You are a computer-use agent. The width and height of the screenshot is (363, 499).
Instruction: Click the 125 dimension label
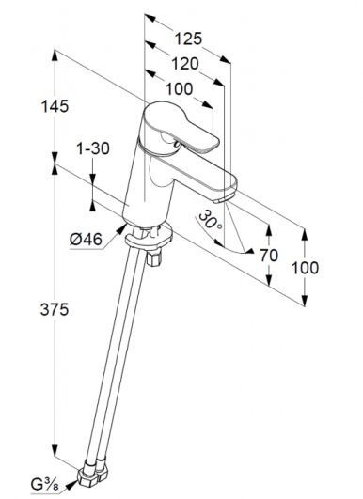coord(188,39)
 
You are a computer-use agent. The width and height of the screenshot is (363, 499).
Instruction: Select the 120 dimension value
coord(185,64)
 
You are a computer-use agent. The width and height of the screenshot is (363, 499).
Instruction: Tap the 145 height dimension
coord(55,106)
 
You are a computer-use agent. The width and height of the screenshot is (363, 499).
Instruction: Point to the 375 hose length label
coord(55,309)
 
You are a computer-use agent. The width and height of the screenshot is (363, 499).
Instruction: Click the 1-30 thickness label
coord(93,148)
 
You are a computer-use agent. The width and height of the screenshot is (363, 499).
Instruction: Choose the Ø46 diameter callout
coord(86,239)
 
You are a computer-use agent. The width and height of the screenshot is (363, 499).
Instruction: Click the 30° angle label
coord(211,220)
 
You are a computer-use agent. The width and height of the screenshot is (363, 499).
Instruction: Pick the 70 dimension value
coord(269,256)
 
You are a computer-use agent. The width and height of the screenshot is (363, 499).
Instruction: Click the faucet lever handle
coord(182,127)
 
